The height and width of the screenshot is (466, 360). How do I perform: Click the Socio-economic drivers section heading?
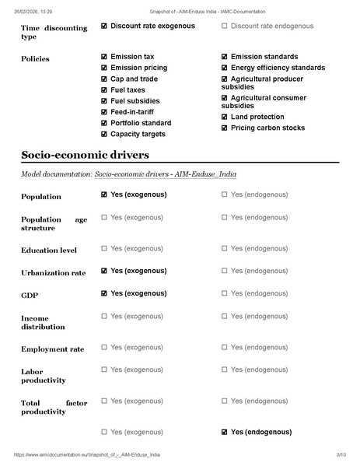tap(86, 155)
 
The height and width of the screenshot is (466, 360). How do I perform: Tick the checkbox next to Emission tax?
tap(105, 57)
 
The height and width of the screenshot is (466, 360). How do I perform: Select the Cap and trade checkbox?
tap(105, 79)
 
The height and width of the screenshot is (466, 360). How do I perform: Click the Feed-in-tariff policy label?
tap(136, 112)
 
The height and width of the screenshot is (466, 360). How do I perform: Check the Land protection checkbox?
tap(225, 117)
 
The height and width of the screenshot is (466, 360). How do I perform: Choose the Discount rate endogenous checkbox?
tap(225, 26)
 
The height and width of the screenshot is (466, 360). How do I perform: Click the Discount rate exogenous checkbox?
tap(105, 26)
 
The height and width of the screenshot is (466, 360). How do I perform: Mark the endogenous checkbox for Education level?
tap(225, 248)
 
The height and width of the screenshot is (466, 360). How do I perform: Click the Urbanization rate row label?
tap(54, 274)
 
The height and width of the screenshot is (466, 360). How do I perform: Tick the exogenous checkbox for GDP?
tap(105, 294)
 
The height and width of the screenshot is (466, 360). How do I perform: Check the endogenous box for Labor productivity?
tap(225, 370)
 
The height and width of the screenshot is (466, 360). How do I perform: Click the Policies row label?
tap(36, 58)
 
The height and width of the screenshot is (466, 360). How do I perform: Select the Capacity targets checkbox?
tap(105, 134)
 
